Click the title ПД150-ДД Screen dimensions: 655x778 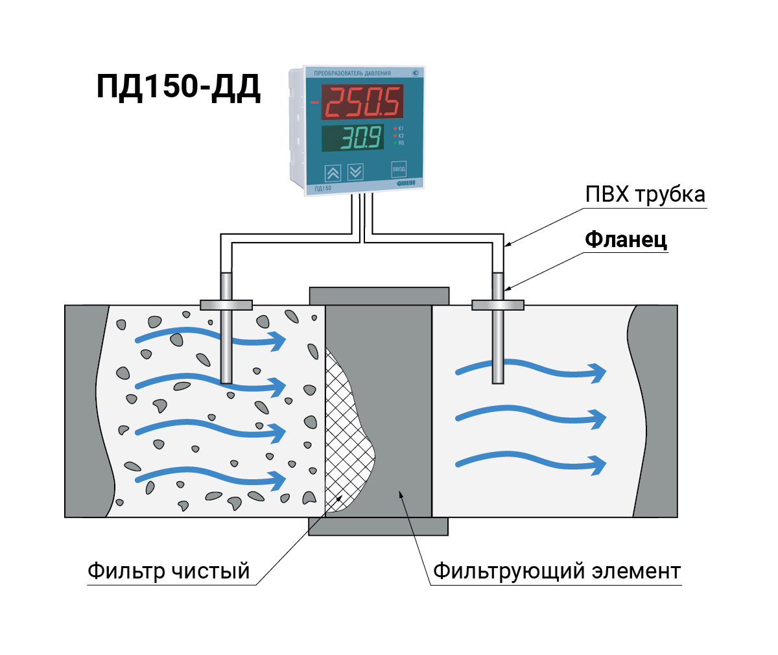(178, 87)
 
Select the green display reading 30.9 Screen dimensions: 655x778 (354, 138)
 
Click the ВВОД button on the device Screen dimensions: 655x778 (399, 169)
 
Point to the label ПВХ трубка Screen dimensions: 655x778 (644, 195)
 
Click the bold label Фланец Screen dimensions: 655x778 (626, 240)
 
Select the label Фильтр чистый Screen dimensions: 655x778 (169, 571)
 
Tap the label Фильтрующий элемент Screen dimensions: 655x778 (556, 571)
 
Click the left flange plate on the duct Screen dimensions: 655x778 (226, 305)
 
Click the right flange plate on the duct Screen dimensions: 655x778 (497, 305)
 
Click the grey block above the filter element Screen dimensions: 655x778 (379, 296)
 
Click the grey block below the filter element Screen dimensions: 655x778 (378, 526)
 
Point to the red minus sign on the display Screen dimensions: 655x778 (314, 102)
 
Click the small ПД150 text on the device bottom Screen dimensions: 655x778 (323, 189)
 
